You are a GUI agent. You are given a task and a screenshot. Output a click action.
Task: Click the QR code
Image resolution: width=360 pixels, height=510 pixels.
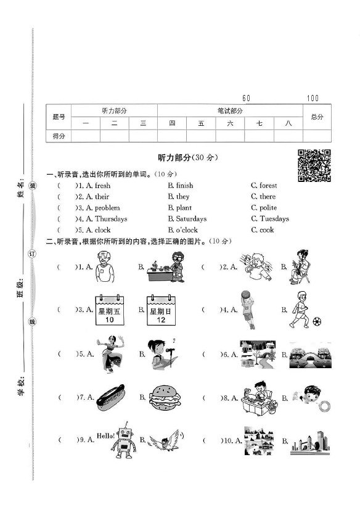click(x=314, y=166)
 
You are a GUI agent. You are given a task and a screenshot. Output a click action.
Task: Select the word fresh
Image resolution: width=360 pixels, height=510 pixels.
click(x=102, y=185)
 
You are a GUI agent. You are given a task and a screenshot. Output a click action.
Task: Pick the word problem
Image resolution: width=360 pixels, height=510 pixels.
click(x=107, y=208)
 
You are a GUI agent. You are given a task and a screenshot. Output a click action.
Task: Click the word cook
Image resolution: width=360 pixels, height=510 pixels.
click(x=267, y=230)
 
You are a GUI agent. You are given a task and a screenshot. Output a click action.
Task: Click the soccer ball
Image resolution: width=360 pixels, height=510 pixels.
click(x=317, y=321)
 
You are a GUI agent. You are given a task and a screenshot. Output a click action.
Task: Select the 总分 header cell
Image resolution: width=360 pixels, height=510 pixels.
click(x=317, y=117)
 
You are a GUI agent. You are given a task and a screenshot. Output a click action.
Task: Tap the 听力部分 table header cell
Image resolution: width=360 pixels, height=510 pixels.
click(x=115, y=110)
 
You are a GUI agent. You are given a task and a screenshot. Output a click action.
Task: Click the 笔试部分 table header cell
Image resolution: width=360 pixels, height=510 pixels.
click(x=230, y=110)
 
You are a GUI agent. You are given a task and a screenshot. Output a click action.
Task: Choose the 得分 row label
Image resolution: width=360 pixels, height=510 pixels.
click(x=59, y=136)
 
